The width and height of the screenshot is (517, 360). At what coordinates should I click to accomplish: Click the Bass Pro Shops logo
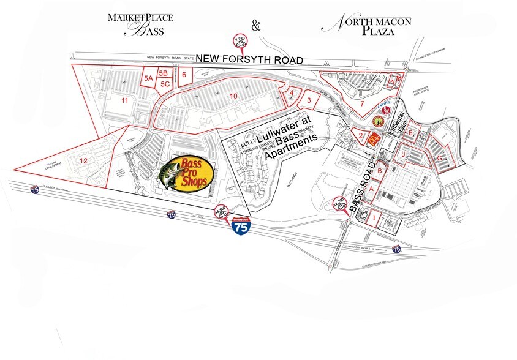click(x=186, y=174)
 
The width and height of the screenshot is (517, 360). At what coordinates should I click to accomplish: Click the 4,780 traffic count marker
click(x=239, y=42)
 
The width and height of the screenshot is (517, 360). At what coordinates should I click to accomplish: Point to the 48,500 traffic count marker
click(x=222, y=212)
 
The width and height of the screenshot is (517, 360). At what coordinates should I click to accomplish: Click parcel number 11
click(x=124, y=100)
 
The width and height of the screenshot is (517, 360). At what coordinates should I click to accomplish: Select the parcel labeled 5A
click(x=148, y=78)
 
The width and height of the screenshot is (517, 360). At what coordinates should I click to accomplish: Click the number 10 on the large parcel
click(x=233, y=96)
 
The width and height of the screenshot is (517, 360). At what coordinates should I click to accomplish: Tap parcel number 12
click(x=84, y=160)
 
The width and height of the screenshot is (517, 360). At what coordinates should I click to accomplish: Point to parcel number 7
click(x=362, y=104)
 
